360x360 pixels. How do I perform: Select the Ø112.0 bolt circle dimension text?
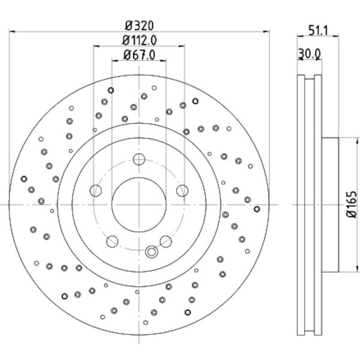coord(139,40)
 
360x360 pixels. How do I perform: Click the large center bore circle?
coord(139,205)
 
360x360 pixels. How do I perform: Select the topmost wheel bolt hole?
coord(139,159)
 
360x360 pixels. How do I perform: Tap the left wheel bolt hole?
coord(95,191)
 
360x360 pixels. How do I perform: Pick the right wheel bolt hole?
coord(182,191)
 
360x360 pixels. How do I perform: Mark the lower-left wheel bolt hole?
coord(112,241)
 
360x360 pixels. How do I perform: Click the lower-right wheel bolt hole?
coord(165,241)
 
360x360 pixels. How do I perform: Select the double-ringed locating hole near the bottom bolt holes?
coord(151,251)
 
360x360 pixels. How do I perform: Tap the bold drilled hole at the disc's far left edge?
coord(24,178)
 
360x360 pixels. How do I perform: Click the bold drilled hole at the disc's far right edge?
coord(257,209)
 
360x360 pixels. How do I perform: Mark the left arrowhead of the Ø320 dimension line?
coord(12,32)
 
